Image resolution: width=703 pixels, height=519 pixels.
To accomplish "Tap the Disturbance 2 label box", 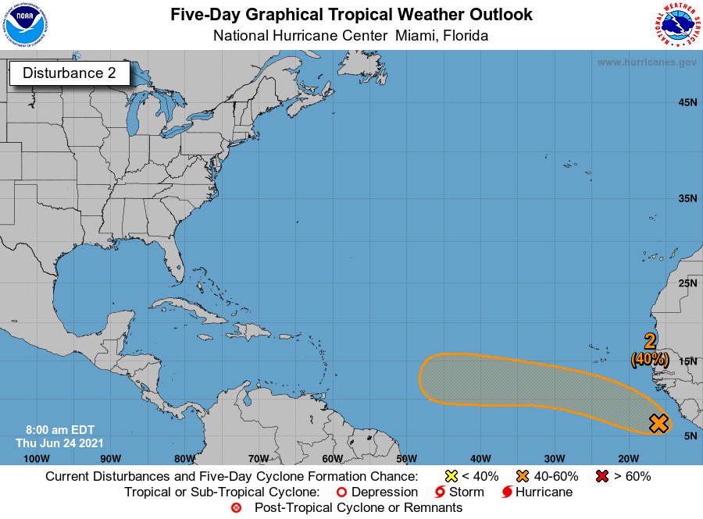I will (69, 73).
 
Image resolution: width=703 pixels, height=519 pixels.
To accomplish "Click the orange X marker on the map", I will (658, 423).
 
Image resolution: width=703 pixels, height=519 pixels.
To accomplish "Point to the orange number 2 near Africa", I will (649, 341).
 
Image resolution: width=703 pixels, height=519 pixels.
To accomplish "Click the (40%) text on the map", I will (650, 359).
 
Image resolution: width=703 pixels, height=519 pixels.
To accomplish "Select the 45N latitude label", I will (687, 102).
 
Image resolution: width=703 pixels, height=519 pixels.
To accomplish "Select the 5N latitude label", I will (690, 435).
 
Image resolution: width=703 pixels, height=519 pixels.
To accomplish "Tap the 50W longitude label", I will (407, 457).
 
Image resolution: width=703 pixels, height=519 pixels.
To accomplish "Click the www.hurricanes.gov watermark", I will (647, 62).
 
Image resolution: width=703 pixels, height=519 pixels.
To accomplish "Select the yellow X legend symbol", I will (451, 476).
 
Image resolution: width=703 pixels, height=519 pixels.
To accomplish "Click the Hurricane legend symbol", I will (507, 492).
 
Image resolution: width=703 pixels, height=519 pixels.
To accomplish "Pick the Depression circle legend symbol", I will (341, 492).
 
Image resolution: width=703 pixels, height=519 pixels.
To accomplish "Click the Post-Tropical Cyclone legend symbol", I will (237, 508).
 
